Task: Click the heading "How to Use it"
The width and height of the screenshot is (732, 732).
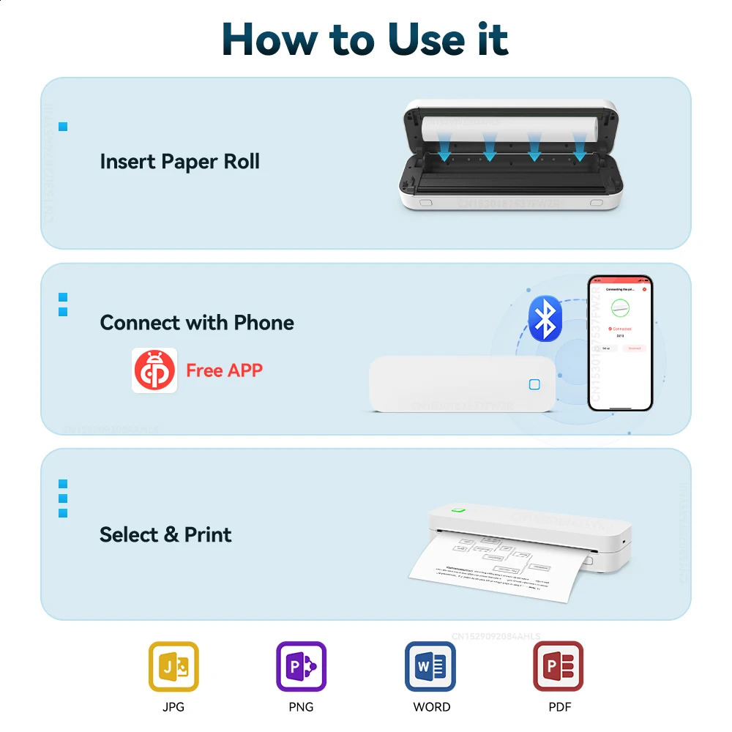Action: point(365,40)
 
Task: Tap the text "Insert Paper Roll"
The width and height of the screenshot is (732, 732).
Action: point(179,161)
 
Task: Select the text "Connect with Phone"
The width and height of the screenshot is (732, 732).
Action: point(197,323)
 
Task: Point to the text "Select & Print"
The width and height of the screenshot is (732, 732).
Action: point(165,534)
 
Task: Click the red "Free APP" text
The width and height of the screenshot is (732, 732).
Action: point(224,370)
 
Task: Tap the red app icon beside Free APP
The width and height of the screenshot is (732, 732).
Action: point(154,370)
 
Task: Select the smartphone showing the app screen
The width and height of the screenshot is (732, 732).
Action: point(619,343)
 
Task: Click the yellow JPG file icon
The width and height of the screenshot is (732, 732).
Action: point(173,666)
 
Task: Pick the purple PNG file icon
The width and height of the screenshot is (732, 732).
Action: point(301,666)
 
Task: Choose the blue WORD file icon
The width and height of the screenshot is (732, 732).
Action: point(430,666)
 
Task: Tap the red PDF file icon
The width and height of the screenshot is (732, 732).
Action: point(558,666)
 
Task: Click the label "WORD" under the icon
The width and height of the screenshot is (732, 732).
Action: point(431,707)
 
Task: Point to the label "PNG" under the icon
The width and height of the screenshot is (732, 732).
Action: point(301,707)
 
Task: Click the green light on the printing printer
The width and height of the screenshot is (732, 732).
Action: point(459,510)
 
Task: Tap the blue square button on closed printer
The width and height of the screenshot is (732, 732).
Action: point(534,385)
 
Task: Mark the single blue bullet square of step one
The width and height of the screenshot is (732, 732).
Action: point(63,127)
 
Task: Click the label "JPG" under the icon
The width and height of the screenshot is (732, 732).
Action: point(173,707)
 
